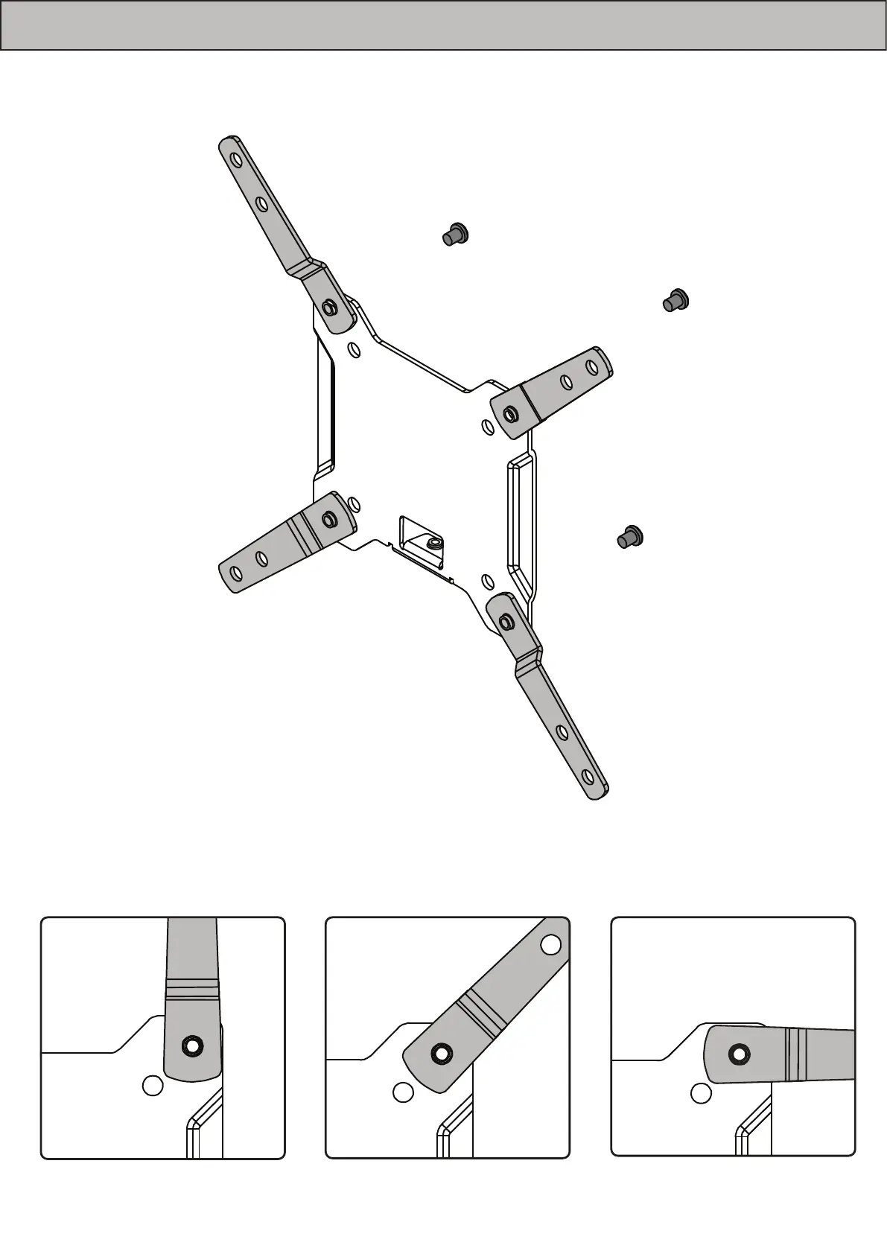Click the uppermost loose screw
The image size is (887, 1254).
pyautogui.click(x=454, y=234)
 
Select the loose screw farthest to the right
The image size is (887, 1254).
pyautogui.click(x=676, y=300)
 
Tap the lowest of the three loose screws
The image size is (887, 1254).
pyautogui.click(x=631, y=536)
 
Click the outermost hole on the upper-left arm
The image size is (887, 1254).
pyautogui.click(x=235, y=160)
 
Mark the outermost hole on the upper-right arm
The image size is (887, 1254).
pyautogui.click(x=592, y=367)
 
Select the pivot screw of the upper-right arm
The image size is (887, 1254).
pyautogui.click(x=511, y=413)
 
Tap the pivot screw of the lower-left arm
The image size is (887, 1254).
pyautogui.click(x=328, y=518)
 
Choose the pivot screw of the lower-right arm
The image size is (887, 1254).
pyautogui.click(x=506, y=621)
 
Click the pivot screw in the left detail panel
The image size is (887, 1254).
pyautogui.click(x=193, y=1045)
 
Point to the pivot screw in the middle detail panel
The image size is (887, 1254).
pyautogui.click(x=440, y=1054)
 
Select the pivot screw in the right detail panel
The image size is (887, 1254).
pyautogui.click(x=740, y=1054)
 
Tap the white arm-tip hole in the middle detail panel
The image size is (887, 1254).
pyautogui.click(x=551, y=944)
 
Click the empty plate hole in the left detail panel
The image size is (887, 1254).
pyautogui.click(x=152, y=1086)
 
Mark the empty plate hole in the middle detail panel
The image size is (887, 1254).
pyautogui.click(x=403, y=1092)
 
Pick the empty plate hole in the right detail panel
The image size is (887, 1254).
pyautogui.click(x=700, y=1093)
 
